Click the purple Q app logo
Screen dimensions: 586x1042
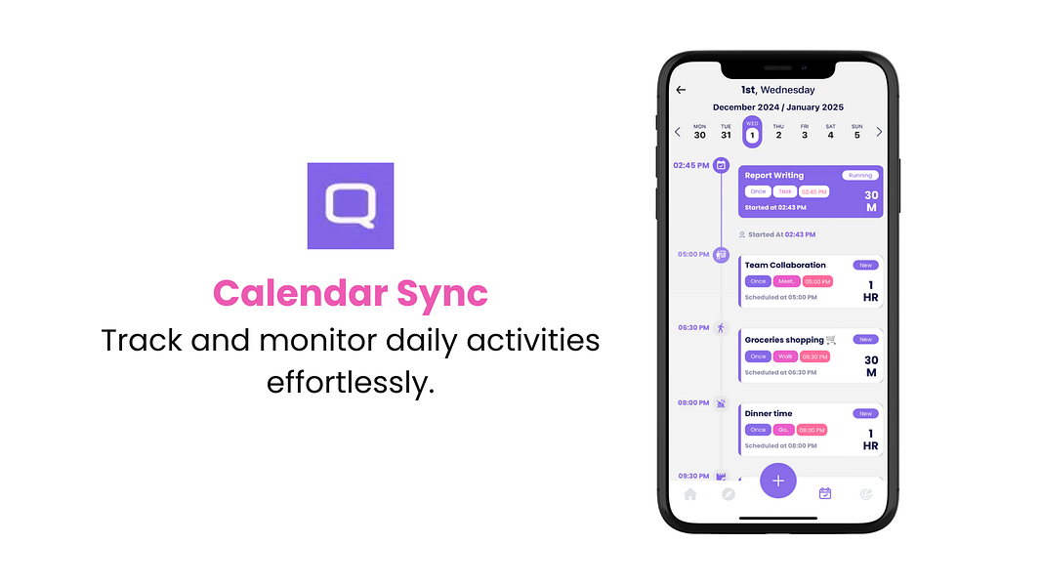pyautogui.click(x=350, y=206)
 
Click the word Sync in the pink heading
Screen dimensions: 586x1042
pyautogui.click(x=436, y=293)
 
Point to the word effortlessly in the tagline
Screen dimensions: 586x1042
pyautogui.click(x=350, y=382)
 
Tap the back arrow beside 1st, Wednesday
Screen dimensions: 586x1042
pyautogui.click(x=681, y=90)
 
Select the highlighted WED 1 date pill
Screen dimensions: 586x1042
pyautogui.click(x=752, y=131)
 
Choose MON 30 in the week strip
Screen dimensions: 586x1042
pyautogui.click(x=699, y=131)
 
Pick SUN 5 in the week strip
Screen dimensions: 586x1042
pyautogui.click(x=856, y=131)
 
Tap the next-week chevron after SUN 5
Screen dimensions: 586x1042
pyautogui.click(x=879, y=132)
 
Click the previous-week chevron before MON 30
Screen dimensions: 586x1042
pyautogui.click(x=678, y=132)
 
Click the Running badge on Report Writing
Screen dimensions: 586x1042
pyautogui.click(x=860, y=176)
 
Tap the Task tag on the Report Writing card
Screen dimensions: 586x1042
pyautogui.click(x=785, y=191)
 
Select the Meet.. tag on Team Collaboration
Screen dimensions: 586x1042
pyautogui.click(x=786, y=281)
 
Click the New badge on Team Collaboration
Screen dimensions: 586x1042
pyautogui.click(x=865, y=265)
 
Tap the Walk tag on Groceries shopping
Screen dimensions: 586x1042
pyautogui.click(x=786, y=356)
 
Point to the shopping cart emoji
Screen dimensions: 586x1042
pyautogui.click(x=831, y=340)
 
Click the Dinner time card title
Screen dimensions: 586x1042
pyautogui.click(x=769, y=413)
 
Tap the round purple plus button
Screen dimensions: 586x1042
pyautogui.click(x=778, y=481)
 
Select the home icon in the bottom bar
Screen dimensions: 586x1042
pyautogui.click(x=690, y=494)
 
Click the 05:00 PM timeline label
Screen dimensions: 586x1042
pyautogui.click(x=693, y=254)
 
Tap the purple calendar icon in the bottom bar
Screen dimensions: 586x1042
pyautogui.click(x=825, y=494)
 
